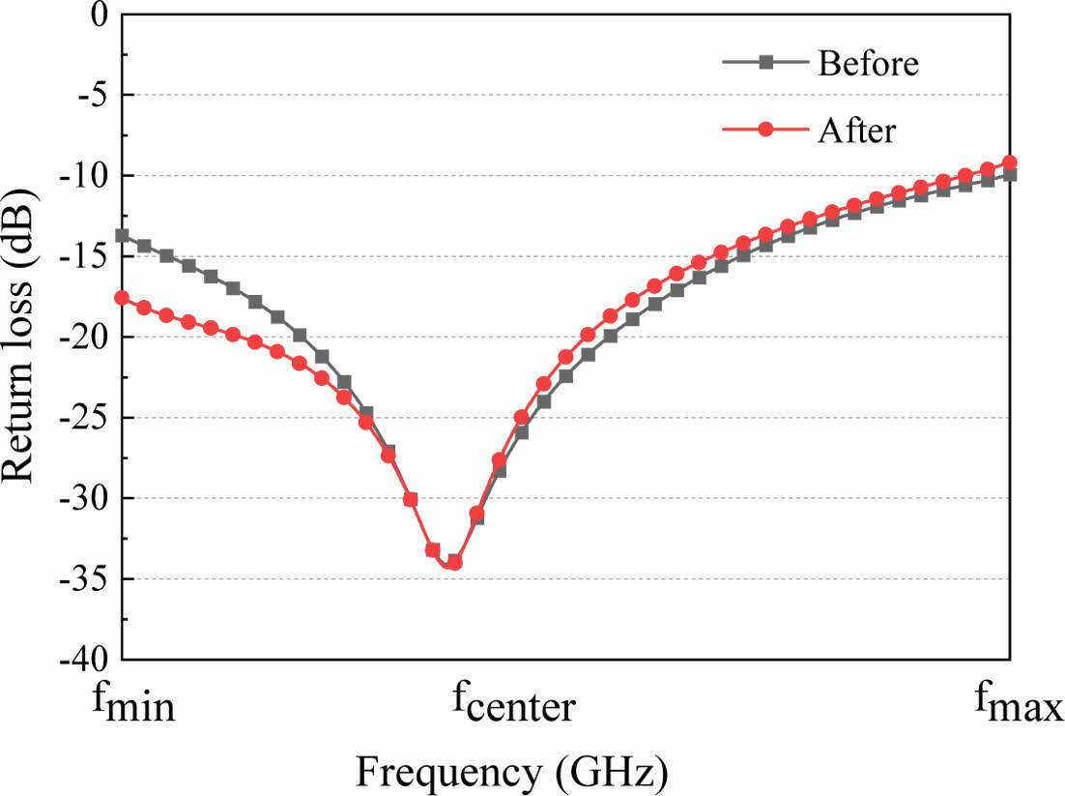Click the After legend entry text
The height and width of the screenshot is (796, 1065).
point(856,129)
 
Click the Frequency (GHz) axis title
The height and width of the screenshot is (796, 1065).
point(513,772)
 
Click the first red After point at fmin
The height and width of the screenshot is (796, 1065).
point(122,298)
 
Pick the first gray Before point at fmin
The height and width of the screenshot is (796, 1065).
point(122,235)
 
